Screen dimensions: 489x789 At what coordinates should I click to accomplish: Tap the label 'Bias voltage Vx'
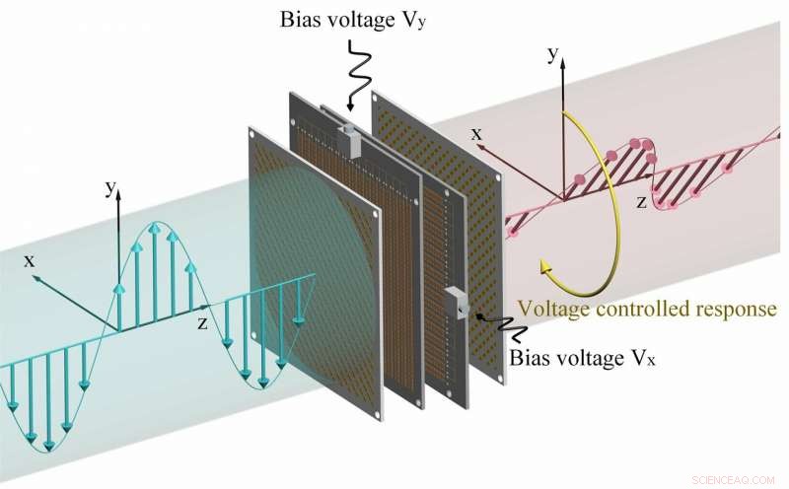click(583, 356)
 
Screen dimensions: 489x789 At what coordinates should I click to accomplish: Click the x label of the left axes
click(30, 260)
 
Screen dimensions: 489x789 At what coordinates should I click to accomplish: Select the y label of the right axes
click(553, 55)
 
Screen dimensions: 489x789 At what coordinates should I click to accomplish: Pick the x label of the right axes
click(476, 134)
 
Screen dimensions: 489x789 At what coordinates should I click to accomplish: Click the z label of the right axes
click(640, 202)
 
